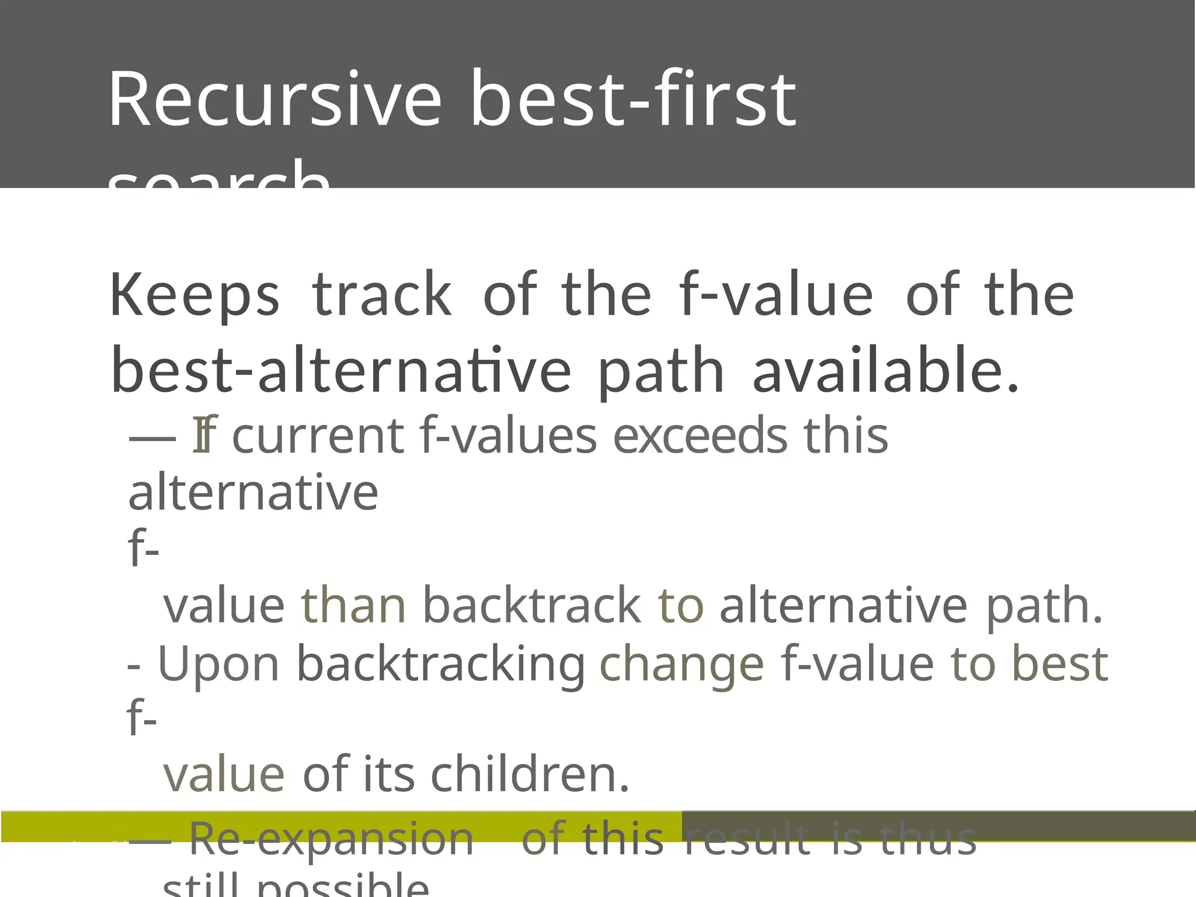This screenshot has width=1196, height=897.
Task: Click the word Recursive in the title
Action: (274, 99)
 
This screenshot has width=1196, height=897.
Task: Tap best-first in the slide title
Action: (633, 99)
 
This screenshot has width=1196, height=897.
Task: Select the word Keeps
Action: (195, 295)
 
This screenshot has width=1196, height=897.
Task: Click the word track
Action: (382, 295)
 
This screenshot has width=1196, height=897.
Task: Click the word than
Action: (353, 606)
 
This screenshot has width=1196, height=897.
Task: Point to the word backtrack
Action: (531, 606)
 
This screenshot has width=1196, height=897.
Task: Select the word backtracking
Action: (441, 664)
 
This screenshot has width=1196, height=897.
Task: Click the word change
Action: (682, 664)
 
